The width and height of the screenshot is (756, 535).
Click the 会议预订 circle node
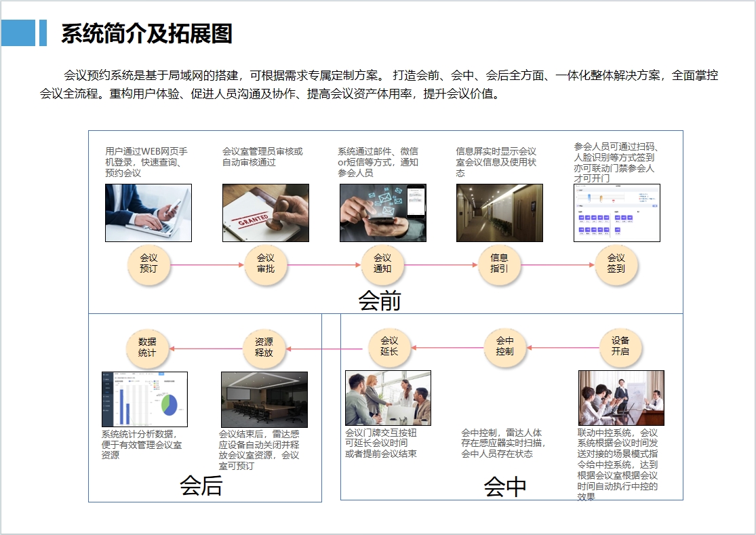[x=148, y=264]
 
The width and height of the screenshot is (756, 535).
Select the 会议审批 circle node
[x=265, y=264]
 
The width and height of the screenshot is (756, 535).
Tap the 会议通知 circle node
[x=382, y=264]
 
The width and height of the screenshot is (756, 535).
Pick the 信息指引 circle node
[x=499, y=264]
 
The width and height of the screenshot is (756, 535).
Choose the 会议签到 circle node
[x=616, y=264]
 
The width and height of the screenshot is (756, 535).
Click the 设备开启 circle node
[x=620, y=346]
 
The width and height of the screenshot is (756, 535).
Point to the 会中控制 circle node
[x=504, y=346]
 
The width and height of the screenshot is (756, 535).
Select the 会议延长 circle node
[x=389, y=346]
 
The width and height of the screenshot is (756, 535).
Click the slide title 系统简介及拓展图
[x=146, y=33]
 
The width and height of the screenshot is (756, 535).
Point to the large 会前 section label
[x=380, y=300]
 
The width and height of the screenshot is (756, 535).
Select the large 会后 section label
[x=201, y=486]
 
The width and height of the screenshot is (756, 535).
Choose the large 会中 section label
[x=505, y=486]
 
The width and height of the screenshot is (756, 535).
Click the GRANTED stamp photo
[x=265, y=213]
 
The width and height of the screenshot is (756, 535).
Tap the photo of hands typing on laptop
[x=148, y=213]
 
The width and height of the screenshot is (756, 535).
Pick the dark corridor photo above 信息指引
[x=499, y=213]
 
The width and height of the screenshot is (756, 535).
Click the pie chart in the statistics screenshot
[x=169, y=404]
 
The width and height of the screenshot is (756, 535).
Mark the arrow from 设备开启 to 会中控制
[x=562, y=348]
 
